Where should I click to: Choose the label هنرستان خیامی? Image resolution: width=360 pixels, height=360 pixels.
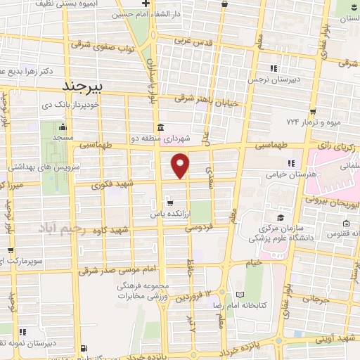(289, 173)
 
